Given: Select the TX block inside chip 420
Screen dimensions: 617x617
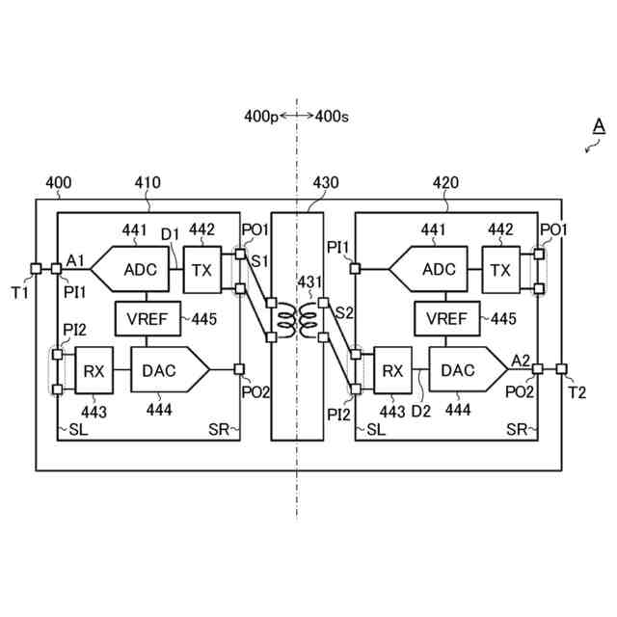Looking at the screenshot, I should [500, 269].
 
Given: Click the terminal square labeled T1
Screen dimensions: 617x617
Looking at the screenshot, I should [36, 269].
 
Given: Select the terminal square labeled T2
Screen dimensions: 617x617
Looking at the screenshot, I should [562, 368].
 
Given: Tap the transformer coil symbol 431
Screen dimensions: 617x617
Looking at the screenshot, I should [296, 323].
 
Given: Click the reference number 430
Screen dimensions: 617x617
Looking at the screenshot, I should [325, 182].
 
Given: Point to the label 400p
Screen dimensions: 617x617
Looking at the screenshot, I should [260, 117].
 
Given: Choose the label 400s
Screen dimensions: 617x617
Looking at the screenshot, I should [332, 117].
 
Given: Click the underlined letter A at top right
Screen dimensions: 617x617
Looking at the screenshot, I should [598, 126].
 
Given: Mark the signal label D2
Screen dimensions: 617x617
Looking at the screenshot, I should [421, 413].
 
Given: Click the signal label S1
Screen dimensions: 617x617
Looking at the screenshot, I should [259, 262].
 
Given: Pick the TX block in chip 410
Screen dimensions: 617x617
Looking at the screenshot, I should [201, 269].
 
